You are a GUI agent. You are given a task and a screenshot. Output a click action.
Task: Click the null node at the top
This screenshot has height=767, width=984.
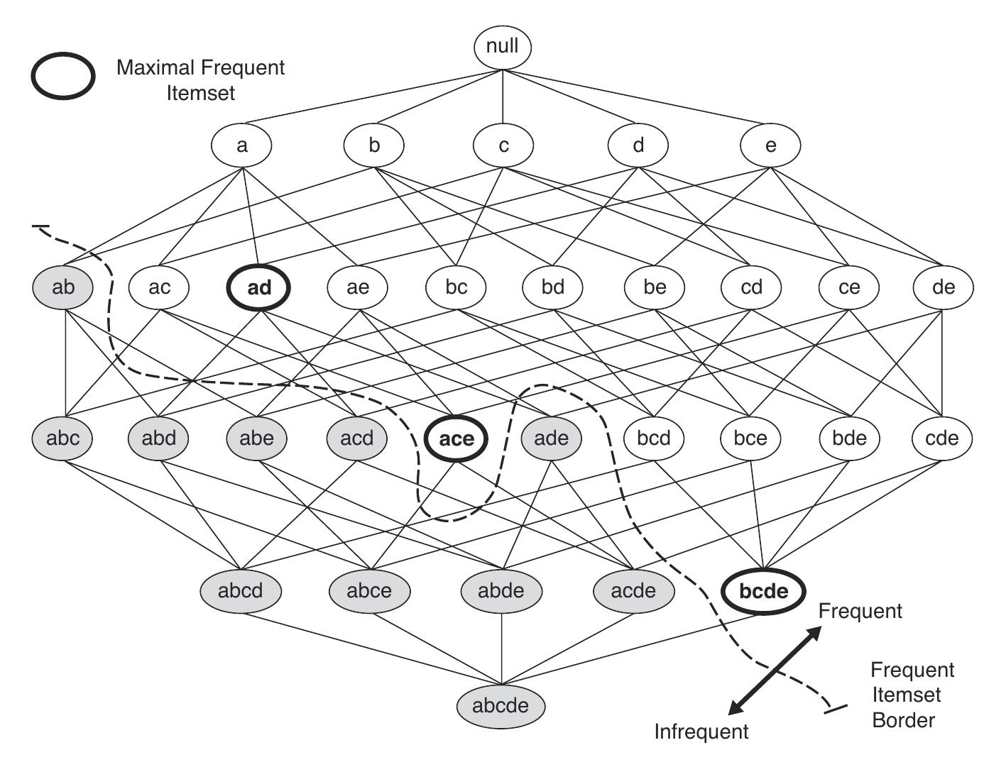click(x=503, y=47)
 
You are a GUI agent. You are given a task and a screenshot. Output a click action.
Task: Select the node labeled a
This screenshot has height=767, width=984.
click(x=241, y=145)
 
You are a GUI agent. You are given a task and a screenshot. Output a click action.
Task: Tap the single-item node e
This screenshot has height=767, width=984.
click(x=770, y=145)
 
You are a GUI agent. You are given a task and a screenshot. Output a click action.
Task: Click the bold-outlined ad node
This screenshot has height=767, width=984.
click(x=259, y=288)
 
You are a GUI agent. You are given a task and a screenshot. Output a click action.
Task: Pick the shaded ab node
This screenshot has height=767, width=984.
click(x=63, y=287)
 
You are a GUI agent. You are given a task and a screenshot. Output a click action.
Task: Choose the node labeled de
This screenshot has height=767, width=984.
click(x=944, y=287)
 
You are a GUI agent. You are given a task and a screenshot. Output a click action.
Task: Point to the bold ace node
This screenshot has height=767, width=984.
click(x=456, y=438)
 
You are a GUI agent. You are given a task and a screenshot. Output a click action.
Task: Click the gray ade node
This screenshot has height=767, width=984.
click(x=551, y=438)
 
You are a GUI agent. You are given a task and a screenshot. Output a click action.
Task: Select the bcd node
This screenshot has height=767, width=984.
click(x=653, y=438)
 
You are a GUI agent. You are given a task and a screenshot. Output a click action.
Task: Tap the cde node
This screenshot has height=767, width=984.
click(x=942, y=438)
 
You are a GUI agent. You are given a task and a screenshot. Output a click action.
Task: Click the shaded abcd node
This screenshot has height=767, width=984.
click(x=241, y=590)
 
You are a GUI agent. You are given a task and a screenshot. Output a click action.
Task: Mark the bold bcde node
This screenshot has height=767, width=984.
click(x=763, y=591)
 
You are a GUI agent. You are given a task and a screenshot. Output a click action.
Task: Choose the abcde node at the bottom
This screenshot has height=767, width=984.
click(x=501, y=705)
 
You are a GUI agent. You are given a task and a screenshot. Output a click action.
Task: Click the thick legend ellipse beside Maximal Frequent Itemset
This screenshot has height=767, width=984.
click(x=62, y=76)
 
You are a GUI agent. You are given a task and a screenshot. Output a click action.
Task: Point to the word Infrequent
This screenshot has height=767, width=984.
click(x=701, y=732)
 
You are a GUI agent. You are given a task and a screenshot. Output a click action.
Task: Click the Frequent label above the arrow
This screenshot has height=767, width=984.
click(x=860, y=611)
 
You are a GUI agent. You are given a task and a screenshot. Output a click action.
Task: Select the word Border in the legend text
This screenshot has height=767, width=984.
click(x=903, y=720)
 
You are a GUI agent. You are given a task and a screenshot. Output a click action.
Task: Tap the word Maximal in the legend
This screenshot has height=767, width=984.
click(x=155, y=68)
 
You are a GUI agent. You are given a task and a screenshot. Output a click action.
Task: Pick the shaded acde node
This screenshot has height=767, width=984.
click(x=633, y=590)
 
